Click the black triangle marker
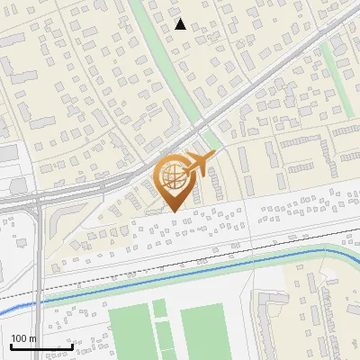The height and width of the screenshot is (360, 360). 180,24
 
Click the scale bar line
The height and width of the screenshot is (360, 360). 40,346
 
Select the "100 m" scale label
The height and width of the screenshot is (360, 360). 23,338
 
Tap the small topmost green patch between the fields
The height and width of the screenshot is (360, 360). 159,309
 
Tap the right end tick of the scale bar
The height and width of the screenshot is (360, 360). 72,345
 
